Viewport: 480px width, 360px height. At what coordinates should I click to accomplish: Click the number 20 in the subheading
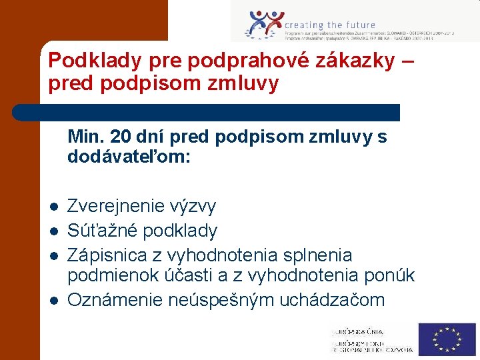coord(120,137)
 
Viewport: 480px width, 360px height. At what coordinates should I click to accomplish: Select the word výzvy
coord(194,207)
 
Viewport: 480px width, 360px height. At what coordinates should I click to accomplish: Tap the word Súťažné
coord(101,231)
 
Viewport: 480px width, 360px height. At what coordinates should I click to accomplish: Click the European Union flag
coord(447,339)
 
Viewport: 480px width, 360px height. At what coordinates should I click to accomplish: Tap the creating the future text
coord(330,25)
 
